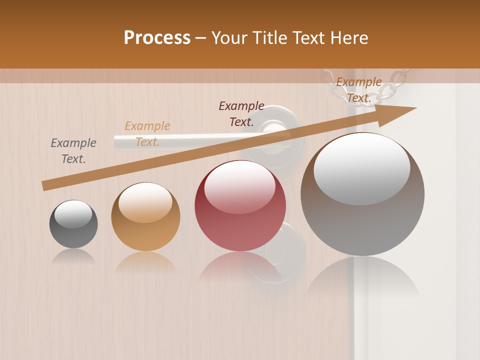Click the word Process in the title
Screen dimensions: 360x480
pos(157,38)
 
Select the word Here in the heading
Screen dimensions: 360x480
pos(348,38)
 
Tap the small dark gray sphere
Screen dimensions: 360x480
pos(73,224)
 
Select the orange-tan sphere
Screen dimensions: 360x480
pos(145,217)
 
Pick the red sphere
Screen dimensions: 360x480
pos(240,206)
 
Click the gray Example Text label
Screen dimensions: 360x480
pos(73,151)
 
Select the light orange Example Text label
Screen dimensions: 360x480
pos(147,134)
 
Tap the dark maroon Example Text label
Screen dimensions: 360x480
pos(241,114)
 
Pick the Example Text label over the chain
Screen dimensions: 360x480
pos(359,90)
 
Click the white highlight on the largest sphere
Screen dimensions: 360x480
pos(362,167)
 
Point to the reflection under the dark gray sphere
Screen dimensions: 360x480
pos(73,256)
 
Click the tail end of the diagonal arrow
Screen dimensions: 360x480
pos(45,185)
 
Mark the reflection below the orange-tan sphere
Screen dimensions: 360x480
pos(145,262)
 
